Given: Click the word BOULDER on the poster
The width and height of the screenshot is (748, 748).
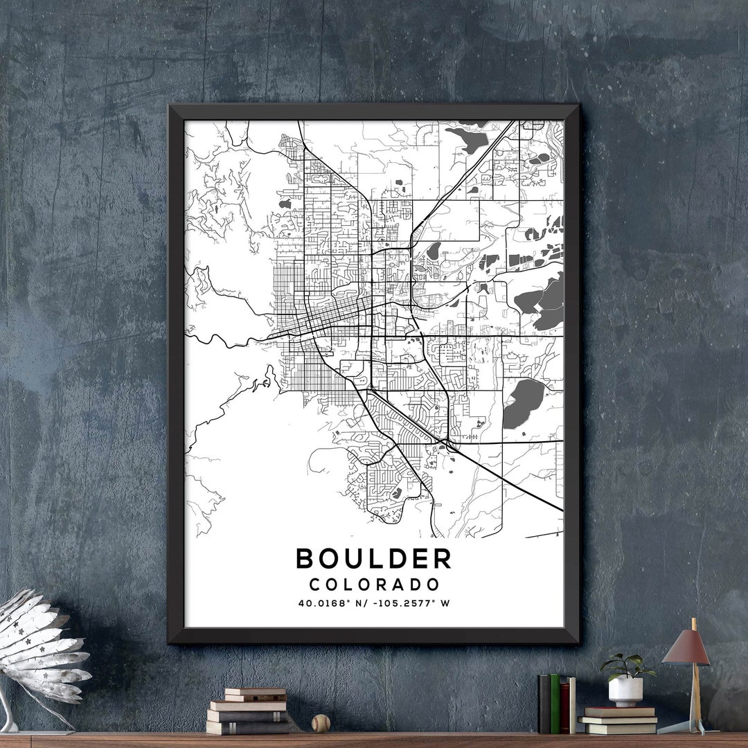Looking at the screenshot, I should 373,558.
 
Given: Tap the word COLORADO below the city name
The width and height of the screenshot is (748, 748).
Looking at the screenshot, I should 374,585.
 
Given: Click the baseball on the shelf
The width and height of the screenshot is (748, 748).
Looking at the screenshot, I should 321,724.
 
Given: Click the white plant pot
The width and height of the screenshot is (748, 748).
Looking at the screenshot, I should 625,691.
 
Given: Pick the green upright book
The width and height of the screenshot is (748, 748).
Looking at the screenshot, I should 555,704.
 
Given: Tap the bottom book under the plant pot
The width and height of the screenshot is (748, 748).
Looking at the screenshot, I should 617,729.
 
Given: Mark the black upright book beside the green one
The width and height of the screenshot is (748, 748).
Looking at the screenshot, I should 545,704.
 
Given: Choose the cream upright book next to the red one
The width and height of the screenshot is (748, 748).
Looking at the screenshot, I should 572,705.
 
